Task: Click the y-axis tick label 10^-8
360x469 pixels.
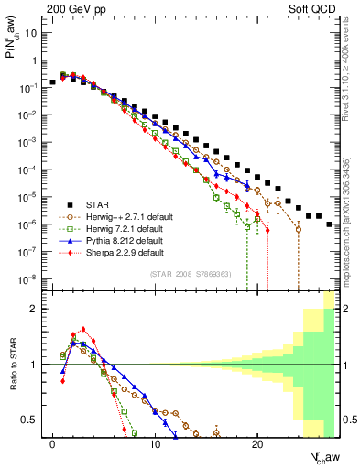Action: [x=28, y=278]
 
